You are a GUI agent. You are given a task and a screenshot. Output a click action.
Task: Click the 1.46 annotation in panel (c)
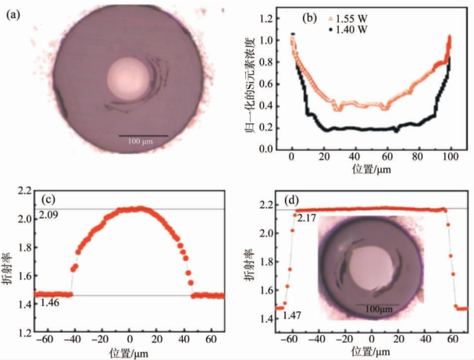pyautogui.click(x=46, y=301)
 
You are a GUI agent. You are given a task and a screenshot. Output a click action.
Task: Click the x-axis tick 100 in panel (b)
pyautogui.click(x=450, y=157)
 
